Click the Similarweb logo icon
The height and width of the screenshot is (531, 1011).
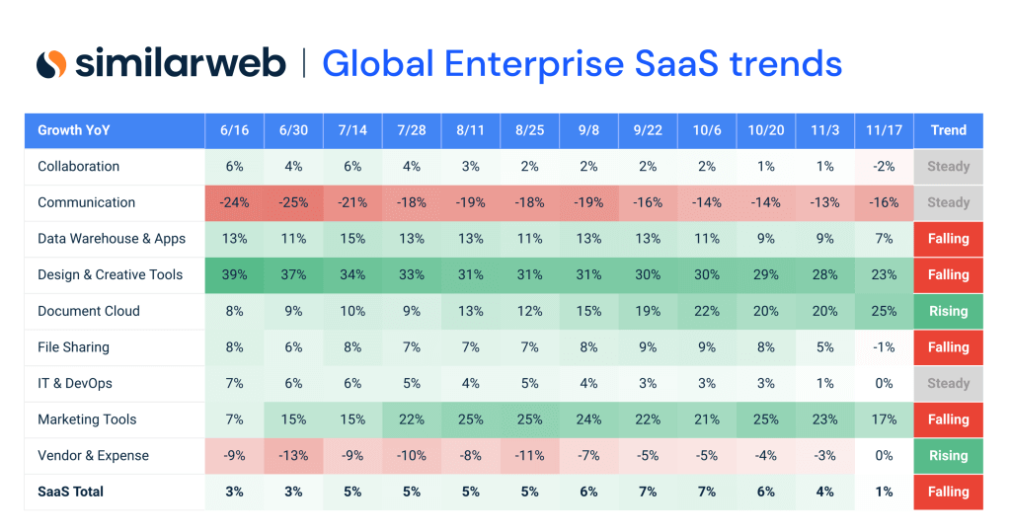[51, 64]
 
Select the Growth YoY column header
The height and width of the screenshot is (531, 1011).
[74, 130]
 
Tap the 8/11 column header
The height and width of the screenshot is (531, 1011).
[470, 130]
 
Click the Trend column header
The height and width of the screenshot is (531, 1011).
[948, 130]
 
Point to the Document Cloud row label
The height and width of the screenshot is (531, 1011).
[89, 311]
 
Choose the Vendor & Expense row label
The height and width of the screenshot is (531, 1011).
[93, 455]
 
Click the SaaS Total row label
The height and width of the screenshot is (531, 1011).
[70, 492]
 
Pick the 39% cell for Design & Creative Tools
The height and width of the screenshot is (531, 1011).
[234, 274]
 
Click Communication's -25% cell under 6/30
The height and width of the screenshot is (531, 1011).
[293, 202]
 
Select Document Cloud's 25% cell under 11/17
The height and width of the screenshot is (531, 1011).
[884, 311]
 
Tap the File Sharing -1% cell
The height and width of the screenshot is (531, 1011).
[884, 347]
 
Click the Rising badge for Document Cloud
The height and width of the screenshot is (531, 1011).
[948, 311]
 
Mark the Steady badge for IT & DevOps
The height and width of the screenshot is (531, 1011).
[948, 383]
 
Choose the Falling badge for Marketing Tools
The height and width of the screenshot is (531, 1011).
[948, 419]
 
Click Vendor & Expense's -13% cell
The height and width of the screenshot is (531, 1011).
[293, 455]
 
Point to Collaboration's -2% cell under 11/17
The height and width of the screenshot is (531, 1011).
[884, 167]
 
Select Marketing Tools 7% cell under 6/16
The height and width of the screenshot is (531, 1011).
[234, 419]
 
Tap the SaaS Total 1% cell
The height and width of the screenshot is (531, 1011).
[884, 492]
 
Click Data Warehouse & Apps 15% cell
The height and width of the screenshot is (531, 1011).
[352, 239]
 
